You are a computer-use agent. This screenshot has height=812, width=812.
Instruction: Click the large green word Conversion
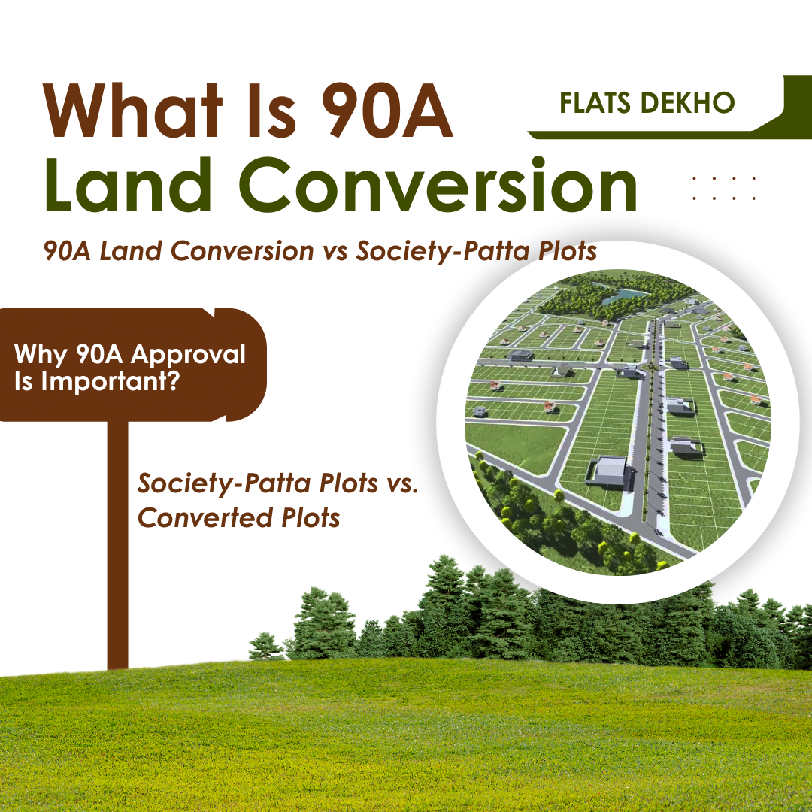coord(438,184)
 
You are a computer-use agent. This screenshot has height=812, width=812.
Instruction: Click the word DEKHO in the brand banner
coord(687,103)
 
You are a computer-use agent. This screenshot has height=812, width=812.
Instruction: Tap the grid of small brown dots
coord(724,188)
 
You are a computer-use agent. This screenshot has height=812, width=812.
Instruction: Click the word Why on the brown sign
coord(41,356)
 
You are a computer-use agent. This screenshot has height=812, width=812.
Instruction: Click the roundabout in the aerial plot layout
coord(647,367)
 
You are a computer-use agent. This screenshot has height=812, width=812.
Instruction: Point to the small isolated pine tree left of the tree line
coord(265,646)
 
